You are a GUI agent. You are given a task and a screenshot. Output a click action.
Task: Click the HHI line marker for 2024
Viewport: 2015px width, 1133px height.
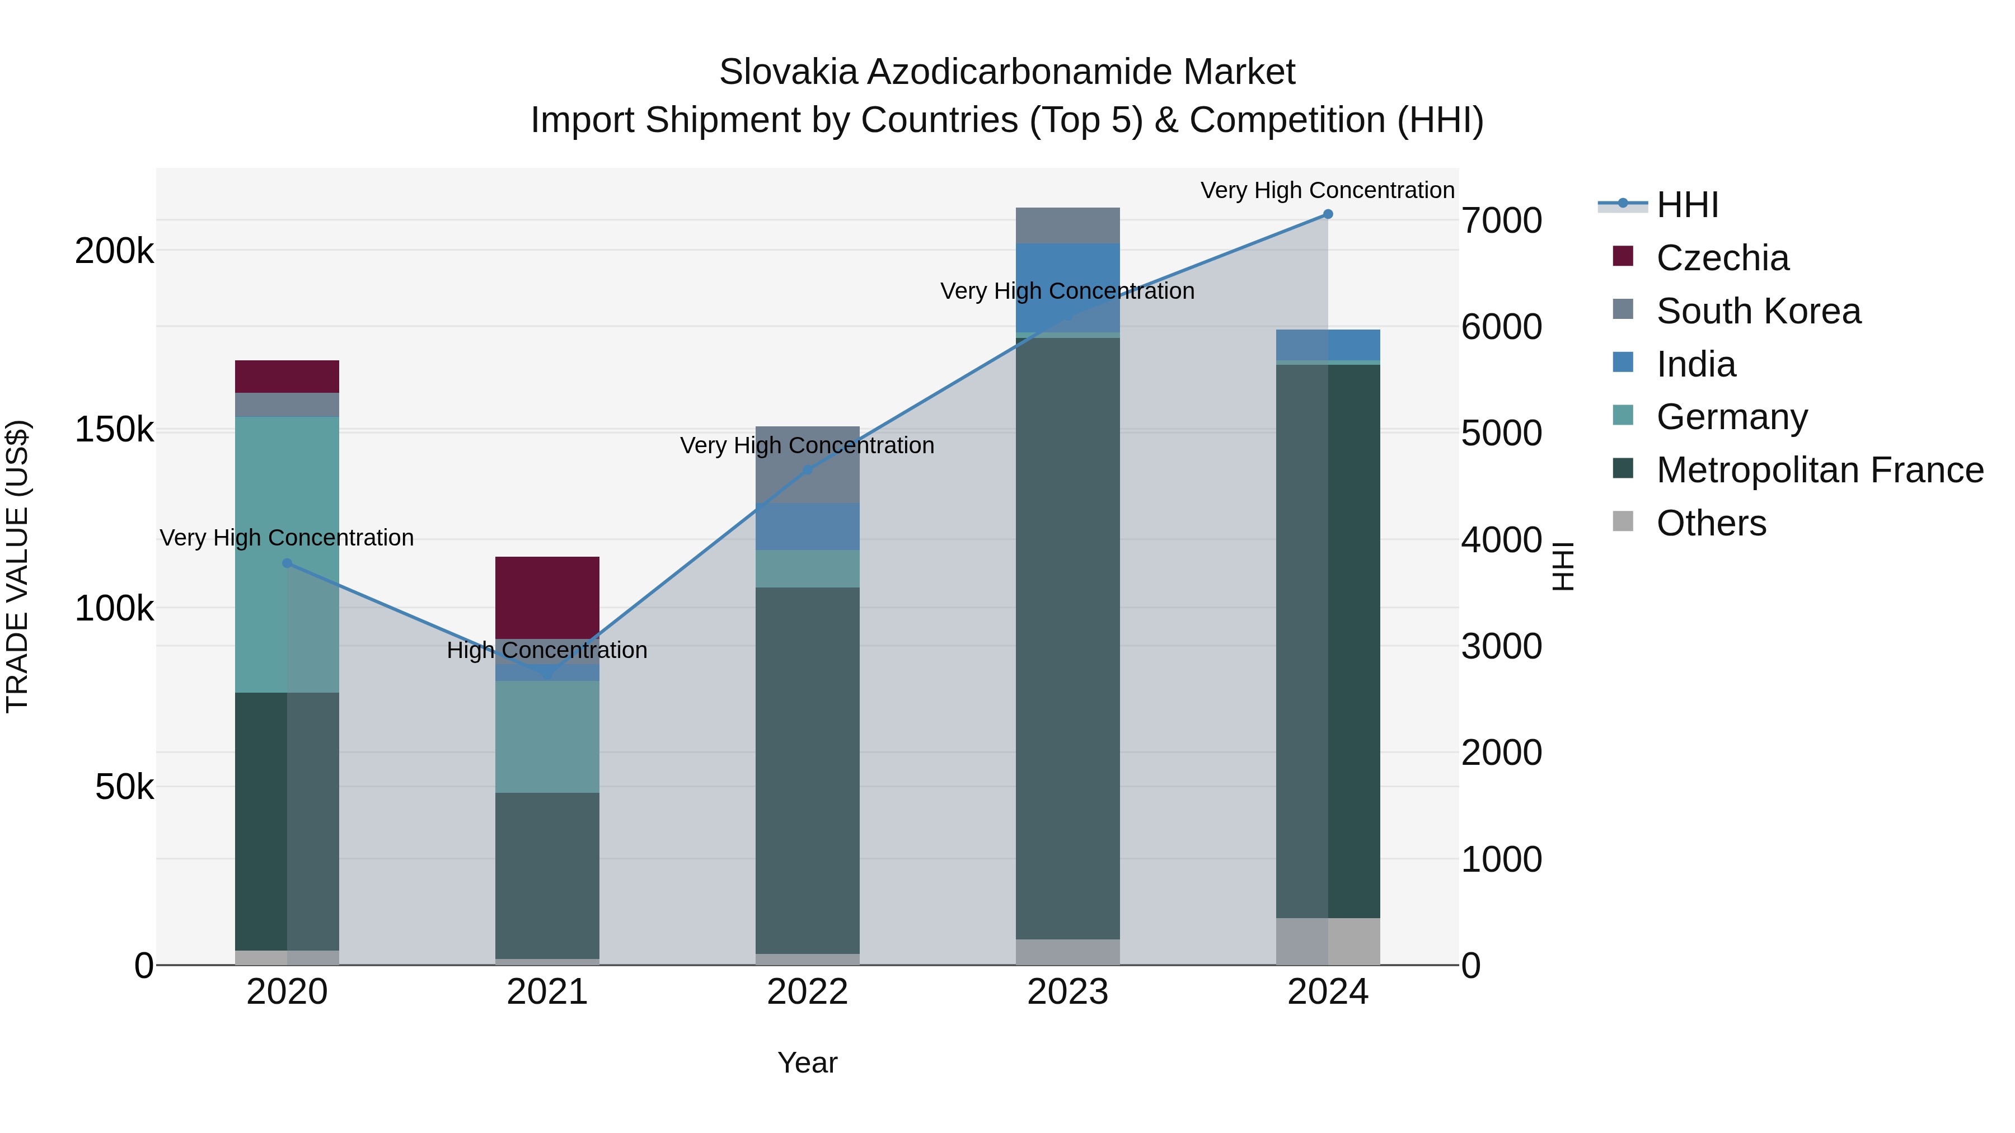coord(1328,214)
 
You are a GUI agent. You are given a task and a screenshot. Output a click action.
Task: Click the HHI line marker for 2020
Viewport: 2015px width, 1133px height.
coord(287,563)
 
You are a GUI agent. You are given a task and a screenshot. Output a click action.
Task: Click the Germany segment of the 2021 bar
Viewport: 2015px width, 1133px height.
coord(547,736)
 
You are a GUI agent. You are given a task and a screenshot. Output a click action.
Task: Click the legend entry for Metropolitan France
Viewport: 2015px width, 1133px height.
coord(1820,470)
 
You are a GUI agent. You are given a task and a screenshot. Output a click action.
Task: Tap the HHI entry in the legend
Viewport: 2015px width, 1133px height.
coord(1687,205)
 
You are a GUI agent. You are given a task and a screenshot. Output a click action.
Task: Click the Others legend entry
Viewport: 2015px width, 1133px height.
coord(1711,523)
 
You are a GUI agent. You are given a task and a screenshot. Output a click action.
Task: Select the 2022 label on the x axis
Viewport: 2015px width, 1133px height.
coord(807,992)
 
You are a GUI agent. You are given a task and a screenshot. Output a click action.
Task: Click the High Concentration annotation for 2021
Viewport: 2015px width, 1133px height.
coord(547,651)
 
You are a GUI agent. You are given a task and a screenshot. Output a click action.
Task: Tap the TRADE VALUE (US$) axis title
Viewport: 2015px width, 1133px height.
coord(17,567)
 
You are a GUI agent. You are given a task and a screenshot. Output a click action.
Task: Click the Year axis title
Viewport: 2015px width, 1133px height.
coord(807,1063)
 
